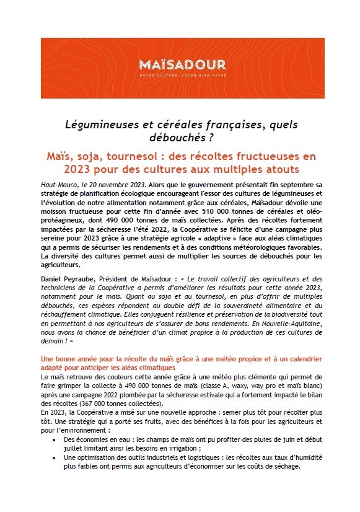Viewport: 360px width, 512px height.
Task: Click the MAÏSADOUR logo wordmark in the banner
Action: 179,64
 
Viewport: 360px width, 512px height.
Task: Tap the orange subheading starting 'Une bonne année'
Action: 179,358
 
